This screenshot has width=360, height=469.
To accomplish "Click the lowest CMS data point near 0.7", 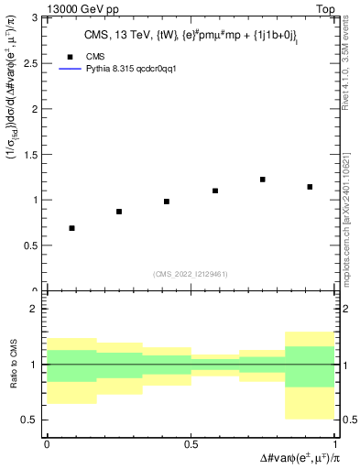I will click(x=71, y=228).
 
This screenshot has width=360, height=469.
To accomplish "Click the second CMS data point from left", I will click(x=119, y=212).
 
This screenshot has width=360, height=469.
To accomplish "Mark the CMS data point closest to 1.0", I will click(x=167, y=202).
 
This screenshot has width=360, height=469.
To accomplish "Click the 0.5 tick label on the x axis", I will click(x=191, y=444).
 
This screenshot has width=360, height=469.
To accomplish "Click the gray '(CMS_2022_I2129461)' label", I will click(x=191, y=273).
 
